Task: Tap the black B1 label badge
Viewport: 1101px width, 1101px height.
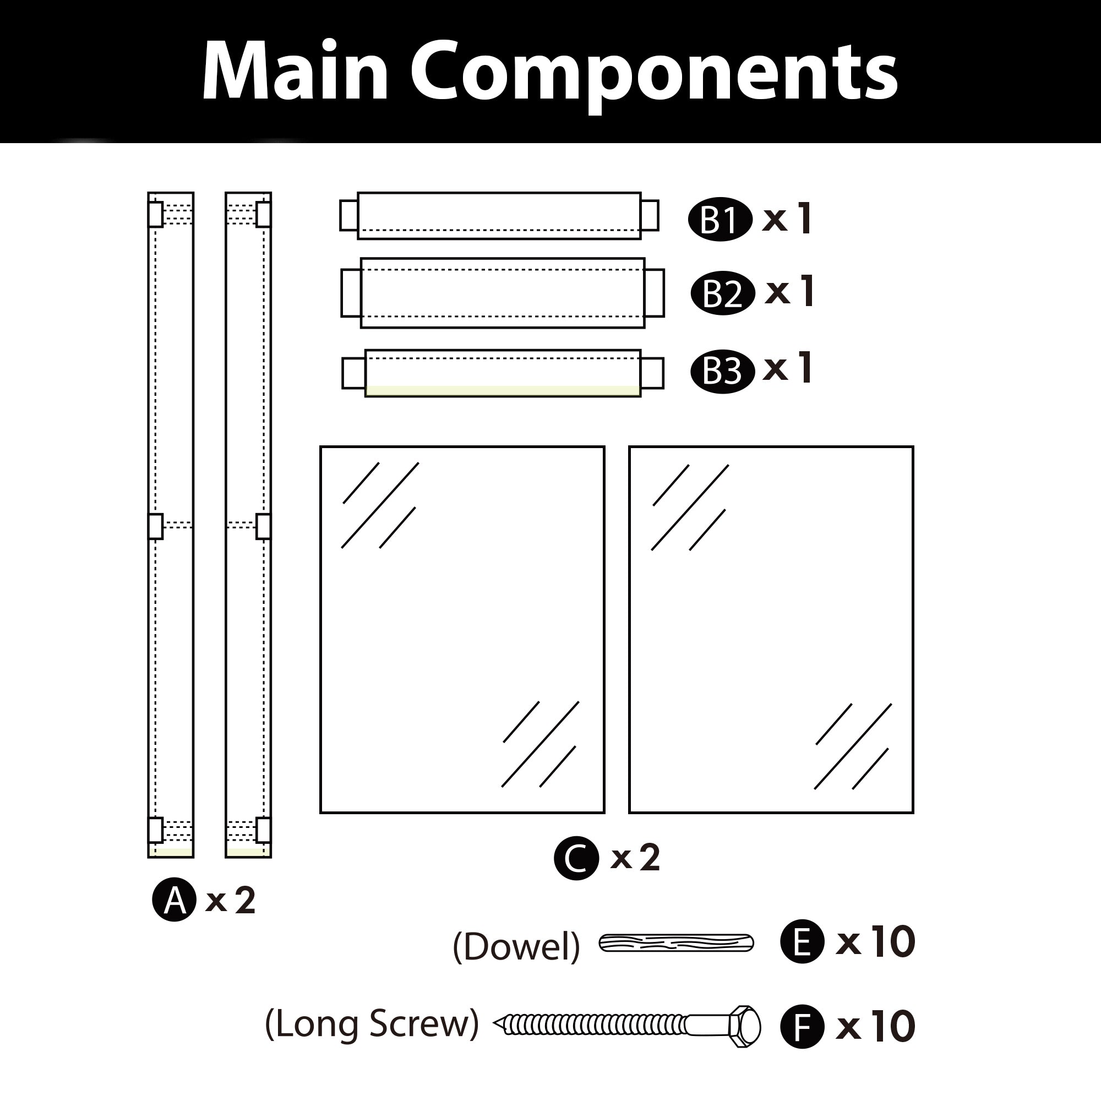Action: [x=720, y=220]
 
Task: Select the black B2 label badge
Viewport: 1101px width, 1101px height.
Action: [x=723, y=293]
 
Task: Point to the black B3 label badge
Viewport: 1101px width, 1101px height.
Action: [x=723, y=371]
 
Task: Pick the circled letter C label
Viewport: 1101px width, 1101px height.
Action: [x=576, y=858]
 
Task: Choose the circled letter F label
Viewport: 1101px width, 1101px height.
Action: [x=802, y=1026]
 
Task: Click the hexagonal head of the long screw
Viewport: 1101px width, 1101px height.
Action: [x=744, y=1026]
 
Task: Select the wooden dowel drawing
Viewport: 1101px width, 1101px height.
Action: [x=676, y=943]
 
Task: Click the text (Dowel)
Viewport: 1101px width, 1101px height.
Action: [x=516, y=946]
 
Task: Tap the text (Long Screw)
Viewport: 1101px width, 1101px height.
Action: [x=372, y=1024]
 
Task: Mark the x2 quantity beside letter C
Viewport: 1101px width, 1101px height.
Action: [x=635, y=858]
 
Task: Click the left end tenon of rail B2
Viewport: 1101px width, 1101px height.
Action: [x=351, y=293]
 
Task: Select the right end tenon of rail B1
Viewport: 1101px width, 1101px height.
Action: [x=650, y=215]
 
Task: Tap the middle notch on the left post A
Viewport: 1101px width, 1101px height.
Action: [x=156, y=526]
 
